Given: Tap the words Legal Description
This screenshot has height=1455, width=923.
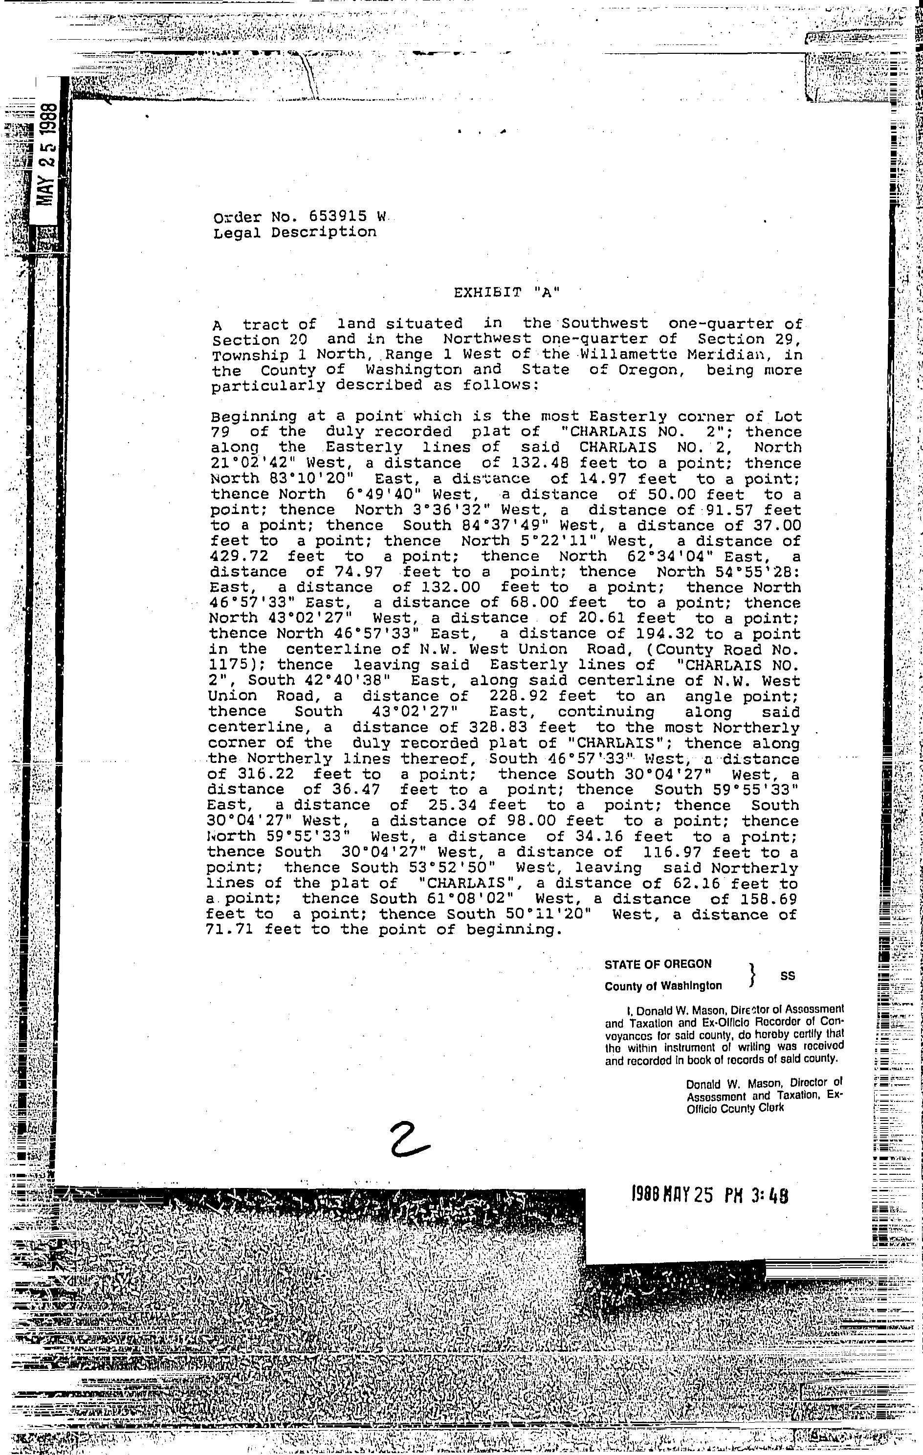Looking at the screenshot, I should point(295,232).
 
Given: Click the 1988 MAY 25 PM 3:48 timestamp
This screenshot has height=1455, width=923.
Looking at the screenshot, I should point(709,1195).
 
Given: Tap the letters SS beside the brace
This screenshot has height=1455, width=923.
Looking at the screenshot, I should point(788,975).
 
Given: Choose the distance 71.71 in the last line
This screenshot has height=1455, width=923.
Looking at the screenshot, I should point(227,930).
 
